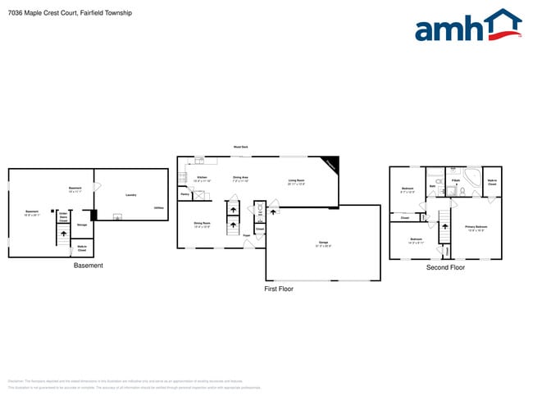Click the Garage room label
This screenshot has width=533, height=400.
[x=323, y=243]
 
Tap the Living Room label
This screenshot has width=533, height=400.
[x=296, y=182]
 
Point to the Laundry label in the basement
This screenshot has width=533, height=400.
[x=130, y=195]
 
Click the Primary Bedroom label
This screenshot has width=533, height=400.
[x=476, y=228]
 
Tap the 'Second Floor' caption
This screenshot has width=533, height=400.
[x=445, y=267]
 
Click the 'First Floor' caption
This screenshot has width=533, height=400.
[x=278, y=289]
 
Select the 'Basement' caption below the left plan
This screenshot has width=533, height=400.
[x=89, y=266]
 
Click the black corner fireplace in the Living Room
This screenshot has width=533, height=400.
[x=330, y=163]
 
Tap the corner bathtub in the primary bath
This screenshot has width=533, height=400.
[x=473, y=177]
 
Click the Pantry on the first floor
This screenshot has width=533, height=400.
[x=185, y=195]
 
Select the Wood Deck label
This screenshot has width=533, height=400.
[x=241, y=147]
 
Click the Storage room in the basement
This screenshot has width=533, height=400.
[x=82, y=224]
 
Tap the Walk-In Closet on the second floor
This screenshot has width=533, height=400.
[x=492, y=183]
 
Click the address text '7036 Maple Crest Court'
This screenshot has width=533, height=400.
[x=48, y=13]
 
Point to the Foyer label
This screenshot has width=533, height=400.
[x=246, y=235]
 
